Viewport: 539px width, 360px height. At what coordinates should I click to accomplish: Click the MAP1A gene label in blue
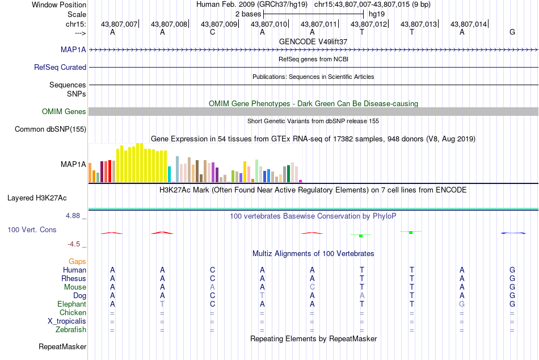pyautogui.click(x=73, y=49)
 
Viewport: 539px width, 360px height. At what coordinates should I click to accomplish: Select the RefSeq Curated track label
pyautogui.click(x=60, y=67)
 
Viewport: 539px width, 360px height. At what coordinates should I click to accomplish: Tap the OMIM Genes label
pyautogui.click(x=64, y=111)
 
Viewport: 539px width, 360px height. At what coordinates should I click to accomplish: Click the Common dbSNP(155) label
pyautogui.click(x=50, y=129)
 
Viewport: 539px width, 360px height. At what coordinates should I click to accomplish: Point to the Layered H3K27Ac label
pyautogui.click(x=37, y=198)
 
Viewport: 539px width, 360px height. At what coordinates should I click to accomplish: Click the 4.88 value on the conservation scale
pyautogui.click(x=73, y=216)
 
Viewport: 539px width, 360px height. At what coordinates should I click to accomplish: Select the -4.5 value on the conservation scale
pyautogui.click(x=74, y=244)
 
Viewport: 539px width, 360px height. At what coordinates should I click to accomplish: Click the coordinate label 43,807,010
pyautogui.click(x=269, y=24)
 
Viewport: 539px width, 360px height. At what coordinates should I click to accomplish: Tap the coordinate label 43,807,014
pyautogui.click(x=469, y=24)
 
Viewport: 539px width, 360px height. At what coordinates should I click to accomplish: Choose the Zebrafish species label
pyautogui.click(x=71, y=330)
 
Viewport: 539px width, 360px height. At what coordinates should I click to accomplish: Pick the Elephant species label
pyautogui.click(x=72, y=304)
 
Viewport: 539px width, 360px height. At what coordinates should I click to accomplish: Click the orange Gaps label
pyautogui.click(x=77, y=262)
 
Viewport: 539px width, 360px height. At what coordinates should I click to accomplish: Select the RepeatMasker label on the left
pyautogui.click(x=62, y=346)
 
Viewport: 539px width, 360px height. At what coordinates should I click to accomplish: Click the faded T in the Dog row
pyautogui.click(x=262, y=296)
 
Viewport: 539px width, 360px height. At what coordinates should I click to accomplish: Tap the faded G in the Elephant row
pyautogui.click(x=462, y=304)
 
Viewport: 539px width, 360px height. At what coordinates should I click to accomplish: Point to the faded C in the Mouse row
pyautogui.click(x=312, y=287)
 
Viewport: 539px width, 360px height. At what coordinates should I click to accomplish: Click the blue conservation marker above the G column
pyautogui.click(x=513, y=233)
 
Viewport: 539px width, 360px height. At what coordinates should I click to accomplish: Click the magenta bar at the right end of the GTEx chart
pyautogui.click(x=301, y=181)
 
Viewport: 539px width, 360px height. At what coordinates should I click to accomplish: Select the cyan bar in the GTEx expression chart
pyautogui.click(x=169, y=174)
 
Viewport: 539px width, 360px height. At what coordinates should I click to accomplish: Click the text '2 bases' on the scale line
pyautogui.click(x=248, y=14)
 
